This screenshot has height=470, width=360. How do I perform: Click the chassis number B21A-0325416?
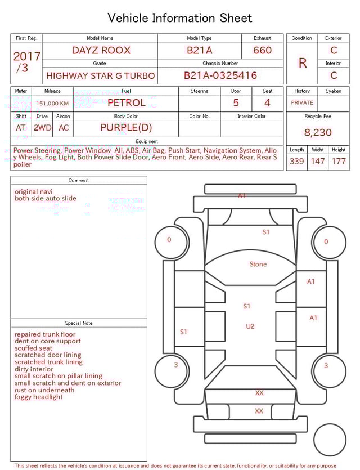[x=220, y=75]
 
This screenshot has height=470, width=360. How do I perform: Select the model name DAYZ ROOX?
[x=101, y=50]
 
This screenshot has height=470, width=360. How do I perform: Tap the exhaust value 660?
[x=262, y=50]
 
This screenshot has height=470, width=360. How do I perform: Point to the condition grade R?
[x=303, y=63]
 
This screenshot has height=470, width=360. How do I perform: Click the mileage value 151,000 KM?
[x=52, y=104]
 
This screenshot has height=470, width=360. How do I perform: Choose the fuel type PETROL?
[x=126, y=102]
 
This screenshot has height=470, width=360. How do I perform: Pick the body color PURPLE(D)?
[x=126, y=127]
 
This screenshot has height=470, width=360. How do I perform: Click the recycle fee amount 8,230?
[x=318, y=132]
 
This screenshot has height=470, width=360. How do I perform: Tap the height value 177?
[x=339, y=161]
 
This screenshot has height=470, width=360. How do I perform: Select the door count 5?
[x=236, y=102]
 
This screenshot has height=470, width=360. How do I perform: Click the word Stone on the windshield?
[x=258, y=264]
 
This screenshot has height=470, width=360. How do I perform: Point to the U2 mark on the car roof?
[x=250, y=326]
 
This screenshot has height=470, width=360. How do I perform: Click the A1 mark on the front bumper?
[x=241, y=196]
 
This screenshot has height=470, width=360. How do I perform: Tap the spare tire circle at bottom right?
[x=330, y=440]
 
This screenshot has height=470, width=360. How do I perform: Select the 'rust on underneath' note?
[x=44, y=390]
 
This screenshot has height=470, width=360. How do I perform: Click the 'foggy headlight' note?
[x=39, y=397]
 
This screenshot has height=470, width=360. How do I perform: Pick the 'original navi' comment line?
[x=34, y=191]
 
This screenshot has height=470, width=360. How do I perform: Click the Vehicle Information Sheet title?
[x=180, y=18]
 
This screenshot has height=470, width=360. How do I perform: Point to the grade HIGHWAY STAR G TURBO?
[x=101, y=75]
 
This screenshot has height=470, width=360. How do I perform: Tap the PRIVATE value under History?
[x=302, y=102]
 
